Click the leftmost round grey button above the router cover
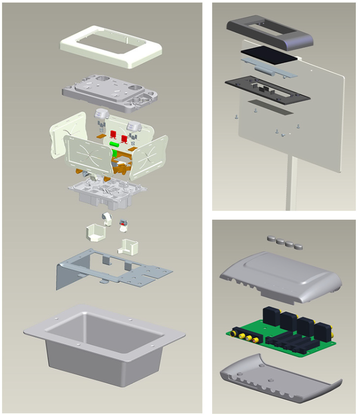tap(270, 238)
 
